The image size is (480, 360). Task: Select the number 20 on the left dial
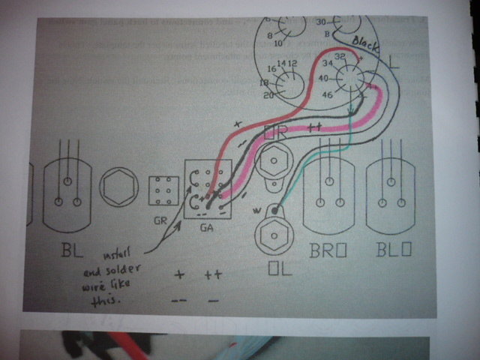267,95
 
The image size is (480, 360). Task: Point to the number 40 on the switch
325,78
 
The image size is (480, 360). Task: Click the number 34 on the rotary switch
327,65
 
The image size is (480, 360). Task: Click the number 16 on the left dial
272,67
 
